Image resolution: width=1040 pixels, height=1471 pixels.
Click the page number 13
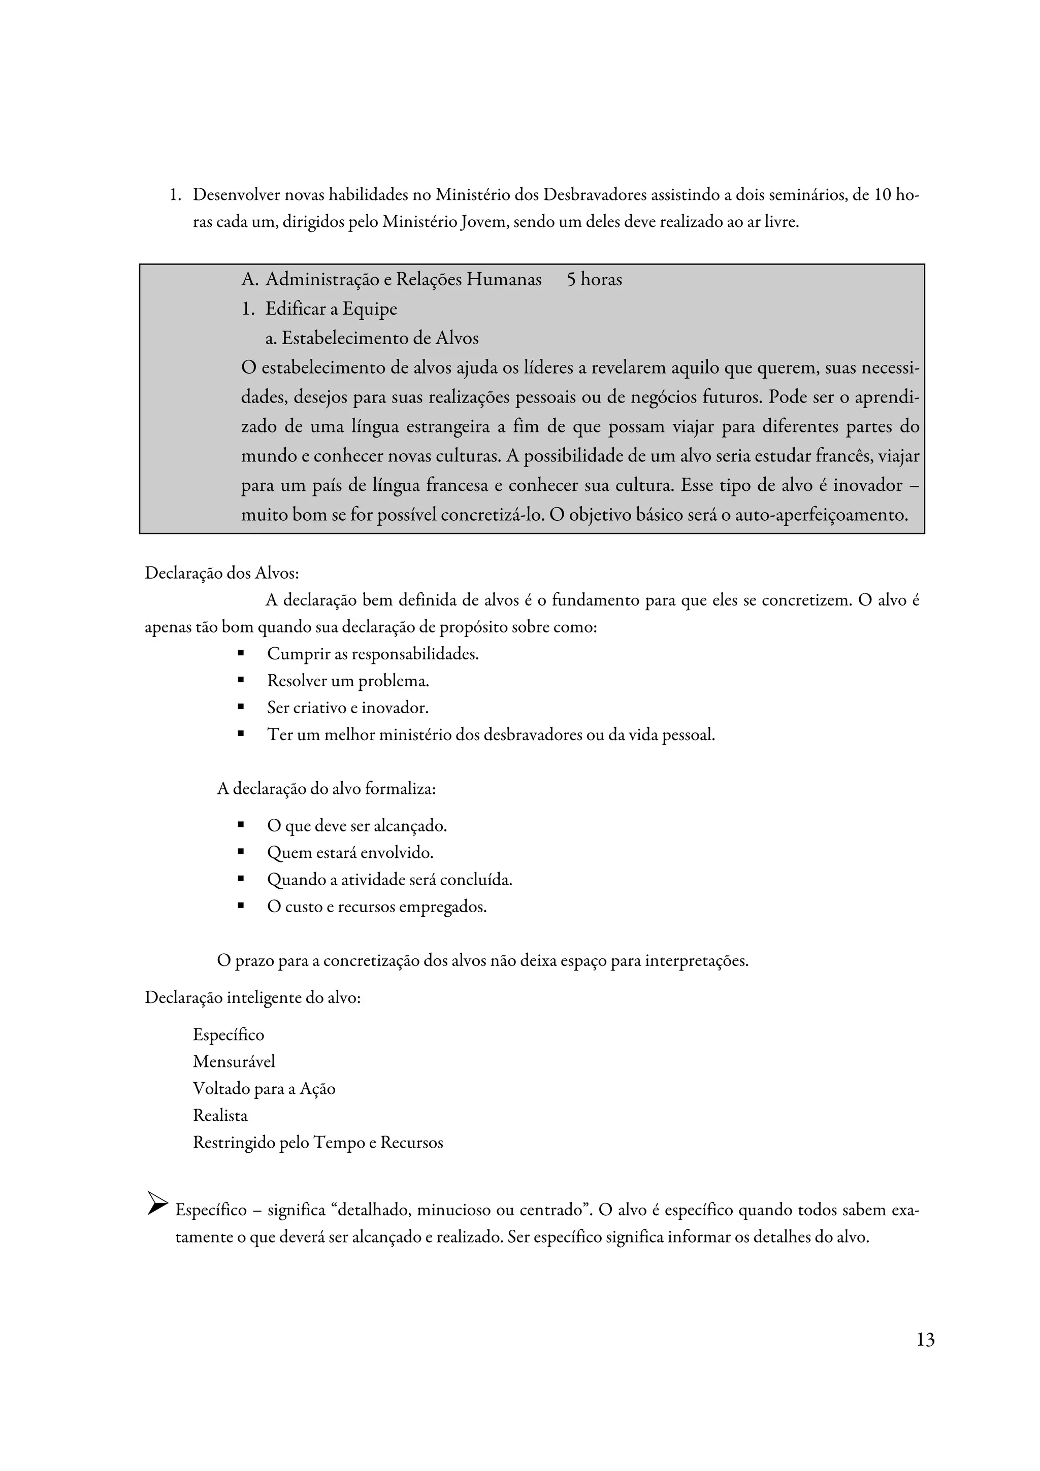pos(925,1339)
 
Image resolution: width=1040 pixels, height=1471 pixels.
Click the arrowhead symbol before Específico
pos(157,1202)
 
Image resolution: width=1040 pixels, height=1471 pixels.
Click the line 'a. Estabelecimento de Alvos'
pos(372,338)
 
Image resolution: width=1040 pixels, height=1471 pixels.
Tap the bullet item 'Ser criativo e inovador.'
pos(347,708)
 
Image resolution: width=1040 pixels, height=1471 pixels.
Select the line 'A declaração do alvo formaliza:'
pos(326,789)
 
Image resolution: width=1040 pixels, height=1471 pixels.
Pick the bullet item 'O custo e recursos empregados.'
pos(377,907)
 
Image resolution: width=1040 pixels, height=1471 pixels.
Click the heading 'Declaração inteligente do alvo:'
pos(252,998)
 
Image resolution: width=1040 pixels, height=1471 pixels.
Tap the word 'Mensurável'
pos(234,1061)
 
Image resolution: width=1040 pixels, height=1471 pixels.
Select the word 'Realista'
pos(220,1115)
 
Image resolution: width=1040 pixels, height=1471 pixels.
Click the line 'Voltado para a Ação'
pos(264,1088)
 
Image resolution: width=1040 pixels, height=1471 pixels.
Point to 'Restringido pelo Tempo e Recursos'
pos(318,1142)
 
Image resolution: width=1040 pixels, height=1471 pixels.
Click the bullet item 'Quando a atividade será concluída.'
pos(389,880)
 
